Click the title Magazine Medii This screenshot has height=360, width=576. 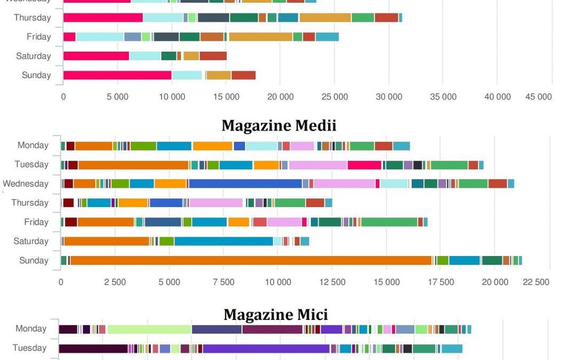pyautogui.click(x=279, y=125)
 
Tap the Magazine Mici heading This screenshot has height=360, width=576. pyautogui.click(x=276, y=314)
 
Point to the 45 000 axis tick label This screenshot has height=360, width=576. pyautogui.click(x=538, y=97)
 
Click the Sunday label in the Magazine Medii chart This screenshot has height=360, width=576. pyautogui.click(x=34, y=260)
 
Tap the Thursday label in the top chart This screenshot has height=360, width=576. pyautogui.click(x=33, y=18)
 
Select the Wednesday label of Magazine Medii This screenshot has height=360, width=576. pyautogui.click(x=26, y=183)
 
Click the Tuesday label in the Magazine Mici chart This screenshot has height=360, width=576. pyautogui.click(x=30, y=348)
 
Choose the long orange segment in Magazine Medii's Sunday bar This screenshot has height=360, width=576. pyautogui.click(x=251, y=260)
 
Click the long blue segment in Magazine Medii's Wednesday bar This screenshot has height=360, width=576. pyautogui.click(x=245, y=183)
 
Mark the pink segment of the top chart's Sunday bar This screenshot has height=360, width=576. pyautogui.click(x=117, y=75)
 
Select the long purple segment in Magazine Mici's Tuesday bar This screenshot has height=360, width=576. pyautogui.click(x=266, y=349)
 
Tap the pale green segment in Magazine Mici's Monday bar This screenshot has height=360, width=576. pyautogui.click(x=149, y=329)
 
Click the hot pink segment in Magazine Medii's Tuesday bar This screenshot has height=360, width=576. pyautogui.click(x=364, y=165)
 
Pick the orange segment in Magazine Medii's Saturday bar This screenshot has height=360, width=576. pyautogui.click(x=107, y=241)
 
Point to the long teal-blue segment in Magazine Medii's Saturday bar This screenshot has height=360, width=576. pyautogui.click(x=223, y=241)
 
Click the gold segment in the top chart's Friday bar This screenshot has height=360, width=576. pyautogui.click(x=260, y=37)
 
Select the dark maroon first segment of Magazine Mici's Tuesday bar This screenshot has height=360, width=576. pyautogui.click(x=93, y=349)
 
